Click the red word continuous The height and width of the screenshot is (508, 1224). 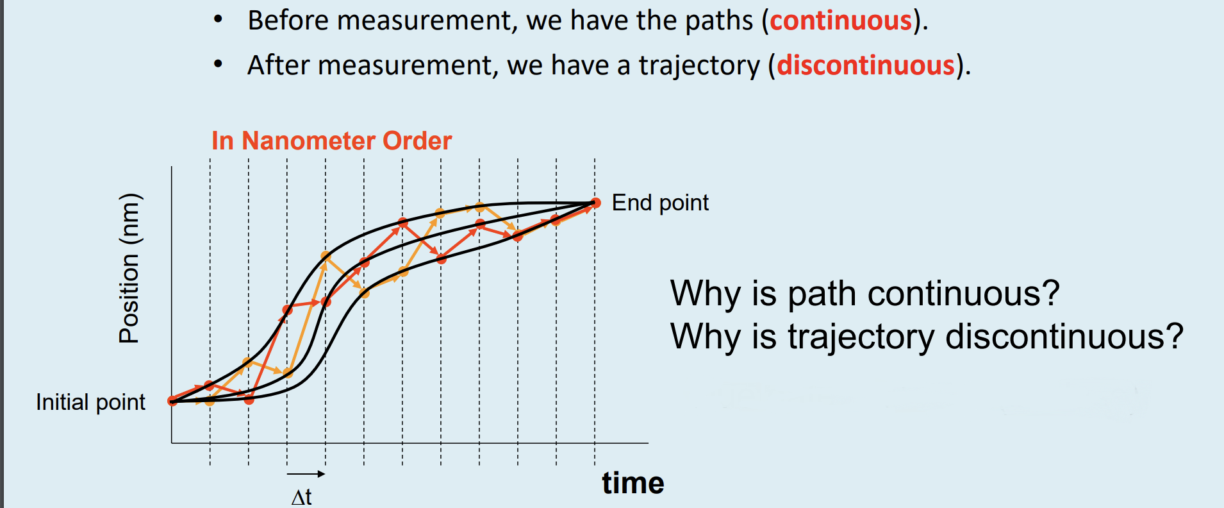pos(841,21)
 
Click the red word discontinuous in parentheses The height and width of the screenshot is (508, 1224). pos(866,65)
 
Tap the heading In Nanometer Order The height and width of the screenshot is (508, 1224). pos(331,140)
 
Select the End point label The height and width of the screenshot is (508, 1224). pos(660,203)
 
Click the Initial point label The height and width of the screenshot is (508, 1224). pos(90,402)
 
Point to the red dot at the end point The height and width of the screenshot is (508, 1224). pos(595,203)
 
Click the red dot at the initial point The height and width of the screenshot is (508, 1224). pos(172,401)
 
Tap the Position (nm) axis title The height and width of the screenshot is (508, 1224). pos(129,268)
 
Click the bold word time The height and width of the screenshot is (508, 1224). pos(633,483)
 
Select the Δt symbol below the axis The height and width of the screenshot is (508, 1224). pos(301,497)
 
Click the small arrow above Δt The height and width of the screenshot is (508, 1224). pos(306,474)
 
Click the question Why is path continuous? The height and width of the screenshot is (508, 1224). pos(864,294)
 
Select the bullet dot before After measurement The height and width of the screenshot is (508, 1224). pos(218,65)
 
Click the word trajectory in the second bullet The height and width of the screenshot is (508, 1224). pos(699,66)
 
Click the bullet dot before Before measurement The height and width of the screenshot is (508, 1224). pos(218,20)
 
